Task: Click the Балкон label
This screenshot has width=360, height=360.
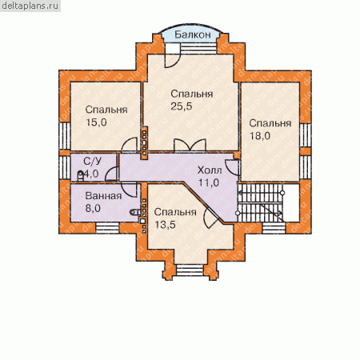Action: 193,34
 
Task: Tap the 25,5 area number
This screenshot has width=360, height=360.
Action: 182,106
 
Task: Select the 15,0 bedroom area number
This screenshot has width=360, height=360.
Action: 96,122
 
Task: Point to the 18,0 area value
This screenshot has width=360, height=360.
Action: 260,136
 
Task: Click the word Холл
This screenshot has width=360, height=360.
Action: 210,170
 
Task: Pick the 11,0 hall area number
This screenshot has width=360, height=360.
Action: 209,182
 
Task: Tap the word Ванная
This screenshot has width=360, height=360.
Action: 103,196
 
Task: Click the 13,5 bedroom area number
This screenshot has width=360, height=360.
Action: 166,225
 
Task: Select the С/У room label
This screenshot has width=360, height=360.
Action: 93,161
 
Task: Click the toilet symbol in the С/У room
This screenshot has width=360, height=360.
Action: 80,176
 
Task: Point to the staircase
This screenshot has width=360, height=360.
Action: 260,202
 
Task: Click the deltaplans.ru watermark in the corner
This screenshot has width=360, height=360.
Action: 30,6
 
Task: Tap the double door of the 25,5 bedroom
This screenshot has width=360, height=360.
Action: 190,146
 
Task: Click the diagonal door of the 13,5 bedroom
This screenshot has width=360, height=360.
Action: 211,217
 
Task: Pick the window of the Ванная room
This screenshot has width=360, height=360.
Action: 107,228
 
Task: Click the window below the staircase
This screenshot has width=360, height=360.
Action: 274,228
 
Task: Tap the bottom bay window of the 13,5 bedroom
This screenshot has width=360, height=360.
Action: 190,270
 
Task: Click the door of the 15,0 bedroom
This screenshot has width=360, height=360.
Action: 130,145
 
